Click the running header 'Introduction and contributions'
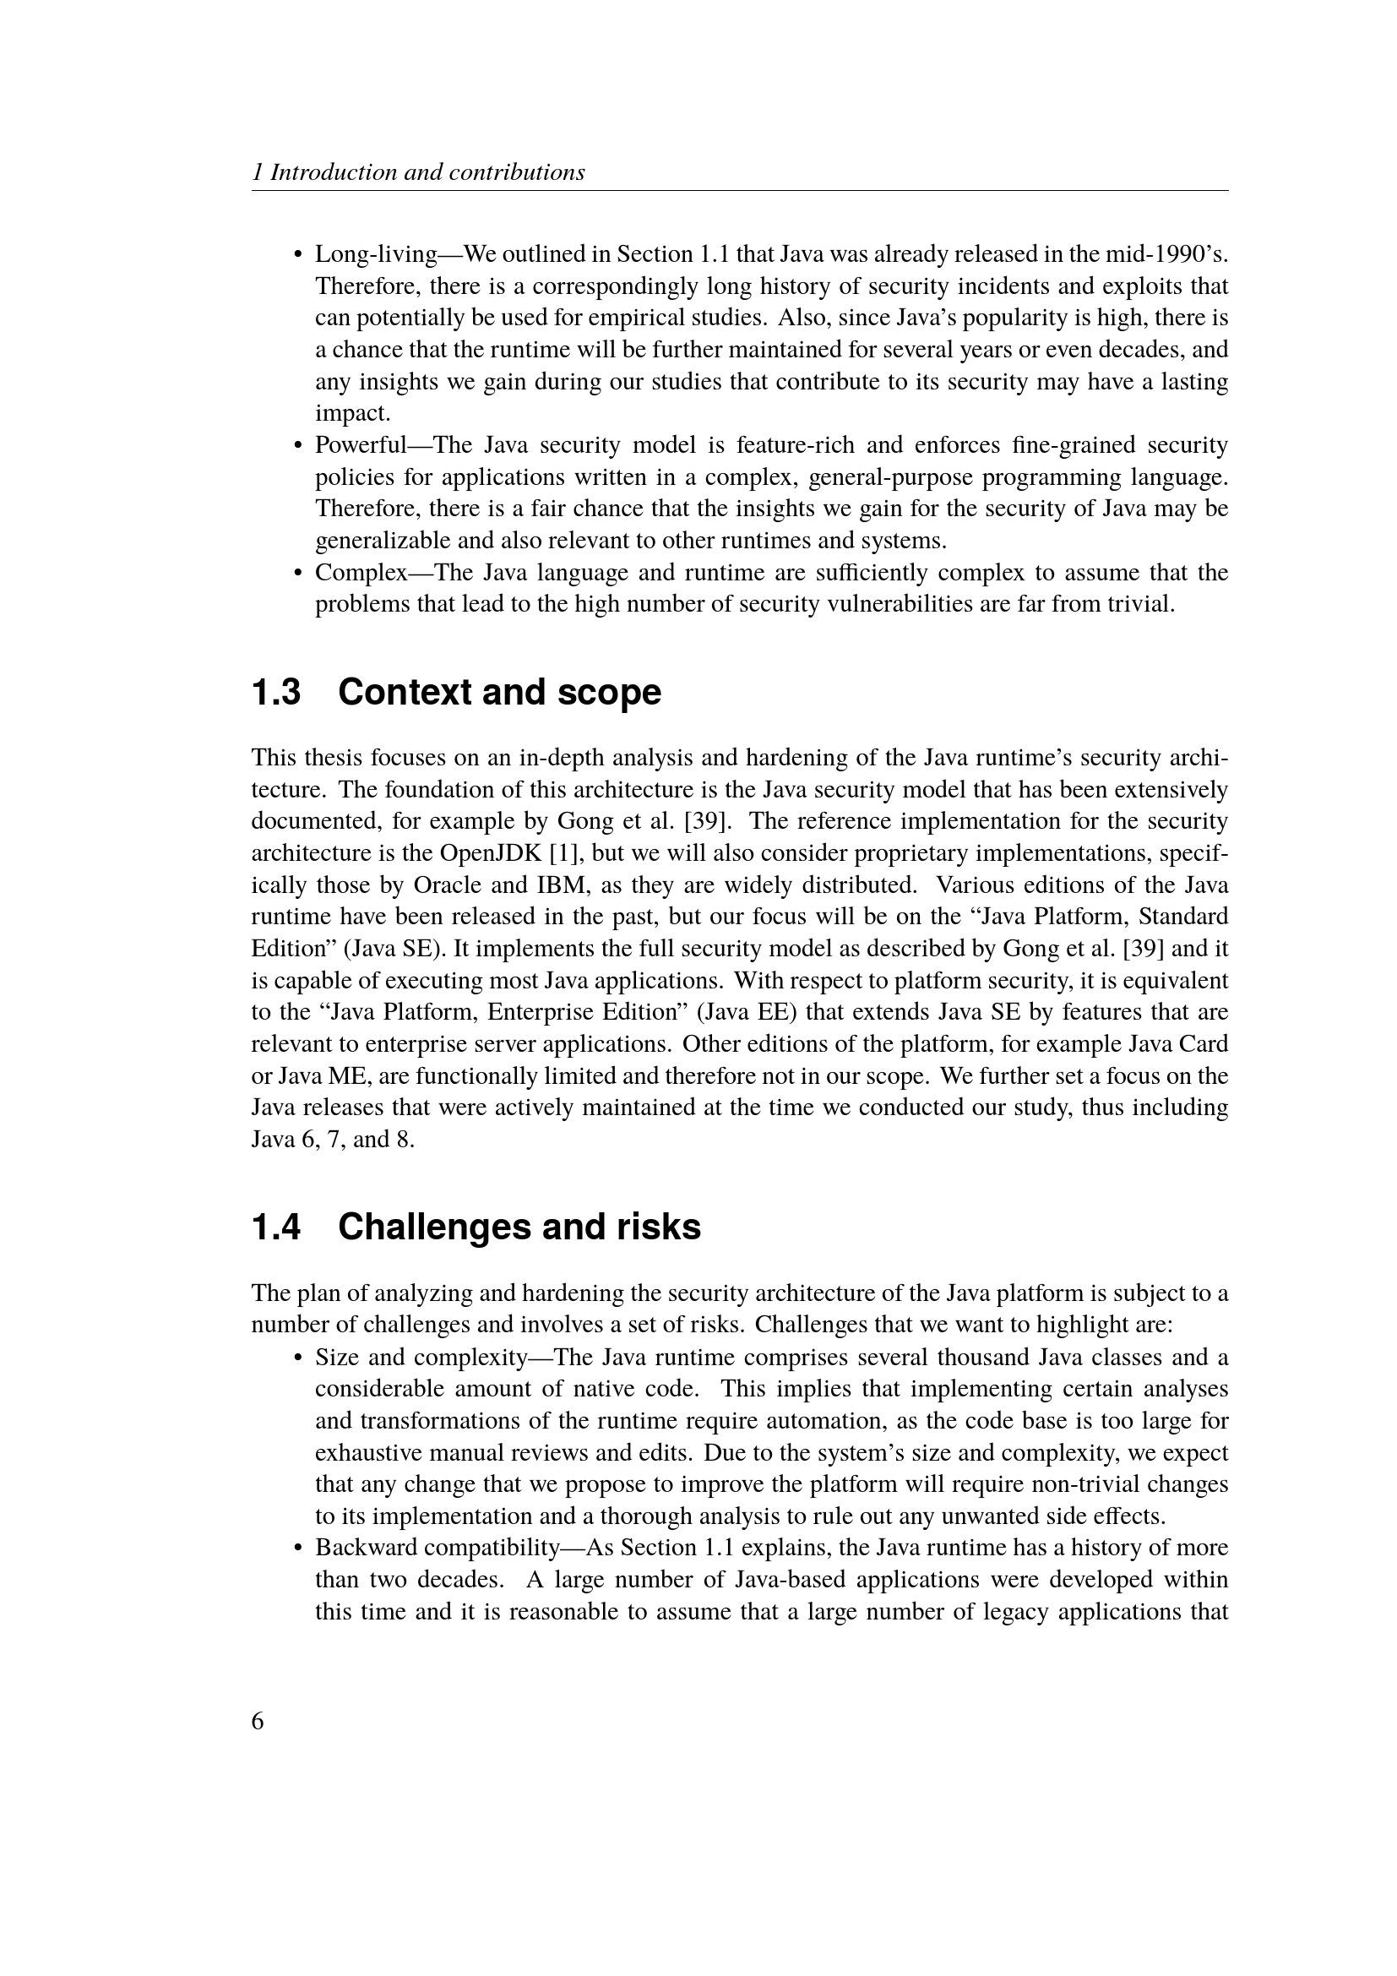(427, 172)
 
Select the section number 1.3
(276, 692)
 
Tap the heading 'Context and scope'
(500, 692)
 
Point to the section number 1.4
(276, 1227)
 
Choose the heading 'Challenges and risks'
(519, 1227)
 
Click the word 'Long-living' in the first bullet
(377, 255)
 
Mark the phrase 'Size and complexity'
(421, 1358)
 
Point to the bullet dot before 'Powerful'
(298, 446)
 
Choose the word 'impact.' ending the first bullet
(353, 413)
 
